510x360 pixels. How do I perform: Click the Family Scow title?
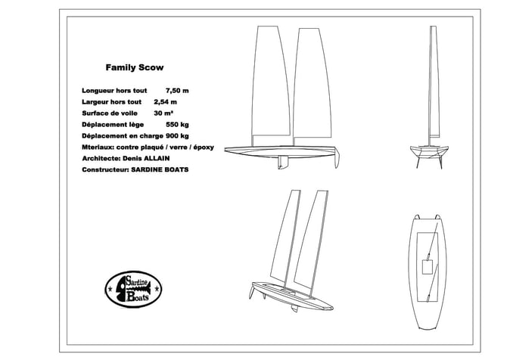click(x=135, y=67)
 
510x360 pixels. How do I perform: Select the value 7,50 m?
click(x=177, y=91)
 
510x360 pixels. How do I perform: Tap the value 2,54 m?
click(x=165, y=102)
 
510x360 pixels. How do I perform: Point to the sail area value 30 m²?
click(x=163, y=113)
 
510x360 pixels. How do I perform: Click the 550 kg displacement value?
click(x=177, y=125)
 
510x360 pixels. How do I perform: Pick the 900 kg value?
click(x=177, y=136)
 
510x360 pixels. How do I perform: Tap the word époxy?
click(x=204, y=147)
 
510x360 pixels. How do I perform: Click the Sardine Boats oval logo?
click(x=133, y=290)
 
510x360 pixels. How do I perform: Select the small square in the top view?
click(x=427, y=267)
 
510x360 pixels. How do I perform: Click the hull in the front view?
click(x=429, y=152)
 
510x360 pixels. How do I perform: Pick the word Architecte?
click(x=101, y=158)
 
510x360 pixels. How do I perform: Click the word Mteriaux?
click(x=98, y=147)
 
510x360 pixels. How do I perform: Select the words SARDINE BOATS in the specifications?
click(x=160, y=169)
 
